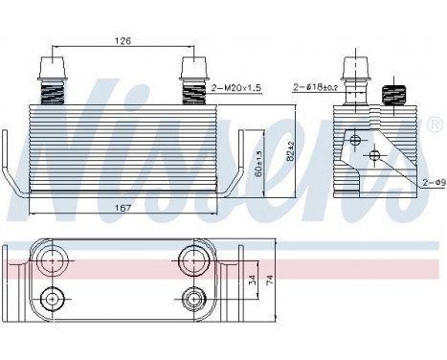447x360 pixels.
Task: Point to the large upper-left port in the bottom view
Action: click(50, 256)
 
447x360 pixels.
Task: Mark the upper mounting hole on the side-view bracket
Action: click(356, 142)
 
